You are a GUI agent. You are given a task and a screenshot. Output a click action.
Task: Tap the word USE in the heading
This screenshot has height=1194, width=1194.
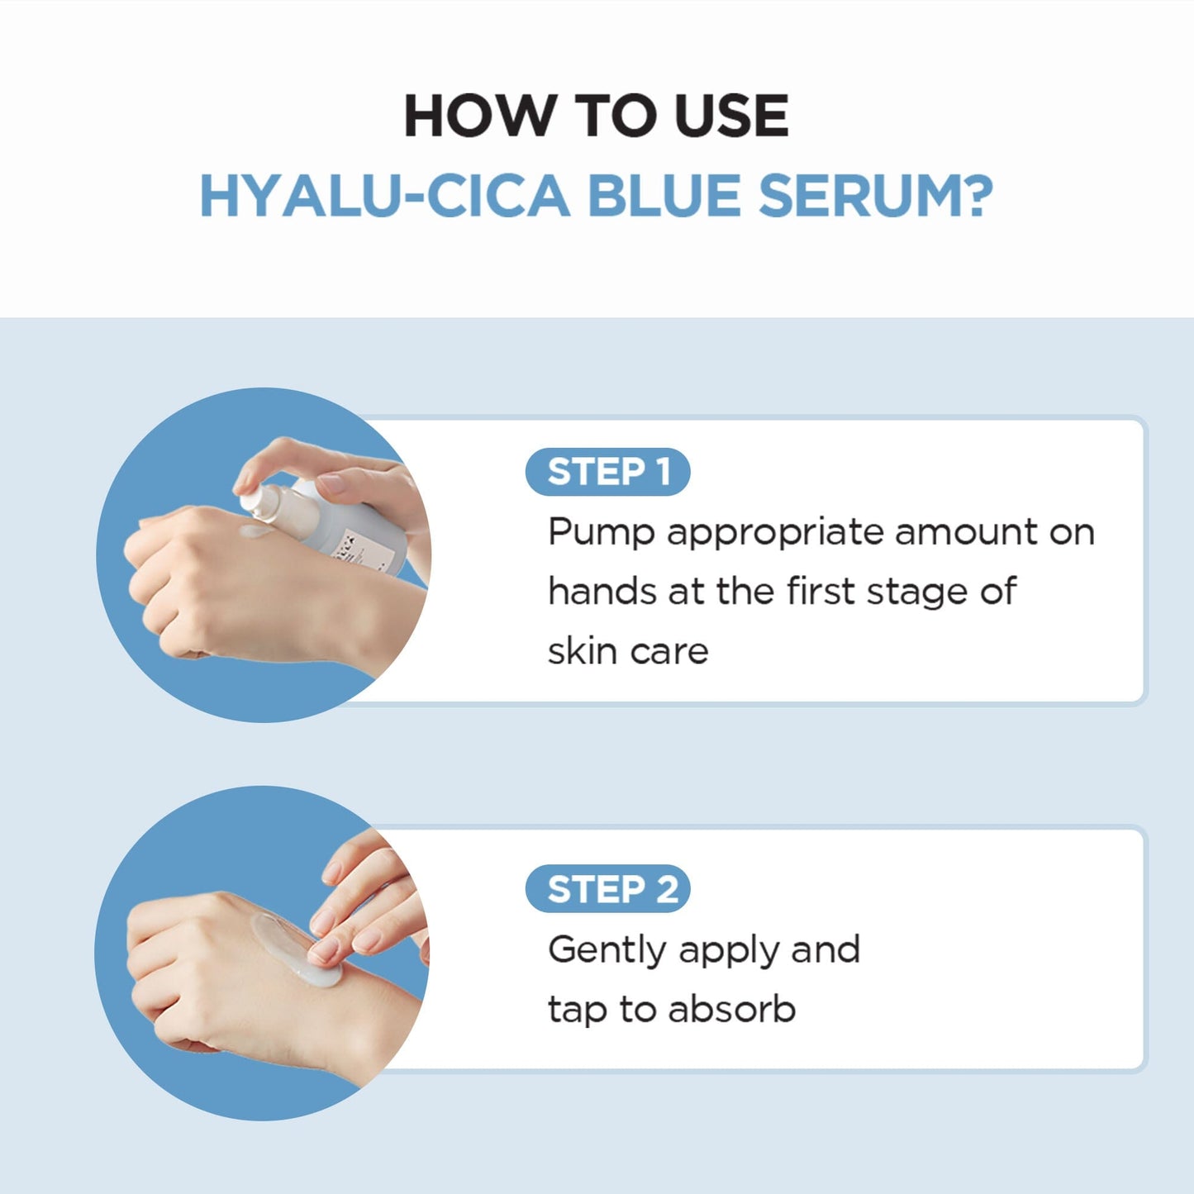click(730, 116)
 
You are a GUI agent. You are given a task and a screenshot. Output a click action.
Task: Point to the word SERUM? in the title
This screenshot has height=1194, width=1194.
click(875, 197)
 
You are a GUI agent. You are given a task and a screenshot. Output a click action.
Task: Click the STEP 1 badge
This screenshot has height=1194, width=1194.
click(607, 472)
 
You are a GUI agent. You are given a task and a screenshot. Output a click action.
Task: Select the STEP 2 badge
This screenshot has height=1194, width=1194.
click(607, 889)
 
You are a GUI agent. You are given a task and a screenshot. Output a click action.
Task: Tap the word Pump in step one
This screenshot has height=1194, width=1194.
click(601, 533)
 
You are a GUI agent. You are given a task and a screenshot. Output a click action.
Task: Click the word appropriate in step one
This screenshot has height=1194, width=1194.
click(776, 533)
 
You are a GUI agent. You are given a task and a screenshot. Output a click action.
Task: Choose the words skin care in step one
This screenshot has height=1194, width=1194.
click(628, 651)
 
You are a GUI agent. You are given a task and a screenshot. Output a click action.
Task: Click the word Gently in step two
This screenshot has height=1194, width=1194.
click(607, 951)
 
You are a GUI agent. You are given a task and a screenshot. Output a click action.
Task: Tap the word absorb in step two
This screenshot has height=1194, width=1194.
click(731, 1009)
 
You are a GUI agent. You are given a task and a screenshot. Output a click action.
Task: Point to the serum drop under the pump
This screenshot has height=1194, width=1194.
click(255, 531)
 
